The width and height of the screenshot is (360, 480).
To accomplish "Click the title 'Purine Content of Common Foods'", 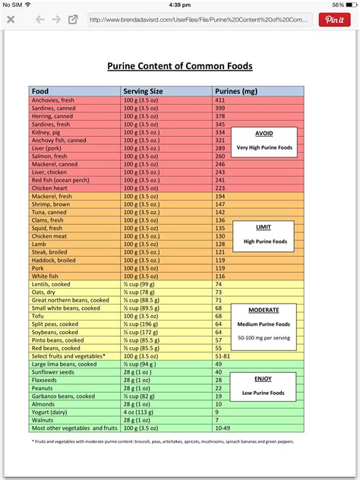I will [x=179, y=66].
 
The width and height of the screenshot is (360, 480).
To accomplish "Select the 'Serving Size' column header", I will [x=144, y=91].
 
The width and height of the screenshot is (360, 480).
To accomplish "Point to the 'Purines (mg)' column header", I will [x=238, y=91].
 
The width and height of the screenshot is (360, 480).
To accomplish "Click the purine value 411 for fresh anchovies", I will [x=221, y=100].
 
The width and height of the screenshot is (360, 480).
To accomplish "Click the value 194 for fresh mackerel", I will [x=221, y=196].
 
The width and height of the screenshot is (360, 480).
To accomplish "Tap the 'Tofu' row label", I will [x=39, y=315].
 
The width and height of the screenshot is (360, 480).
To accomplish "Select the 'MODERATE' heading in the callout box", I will [x=263, y=310].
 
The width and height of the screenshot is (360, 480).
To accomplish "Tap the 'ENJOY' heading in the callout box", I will [x=263, y=377].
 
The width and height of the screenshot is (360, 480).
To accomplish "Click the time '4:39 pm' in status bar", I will [x=180, y=5].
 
